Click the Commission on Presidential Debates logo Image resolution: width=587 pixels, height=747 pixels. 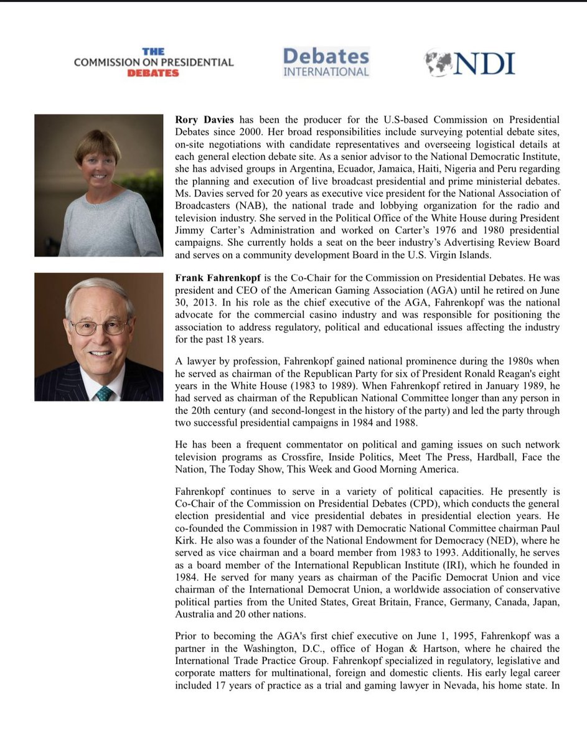pos(153,62)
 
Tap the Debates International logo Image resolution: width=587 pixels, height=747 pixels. pos(326,62)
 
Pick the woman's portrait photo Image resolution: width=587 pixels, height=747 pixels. pos(98,185)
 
